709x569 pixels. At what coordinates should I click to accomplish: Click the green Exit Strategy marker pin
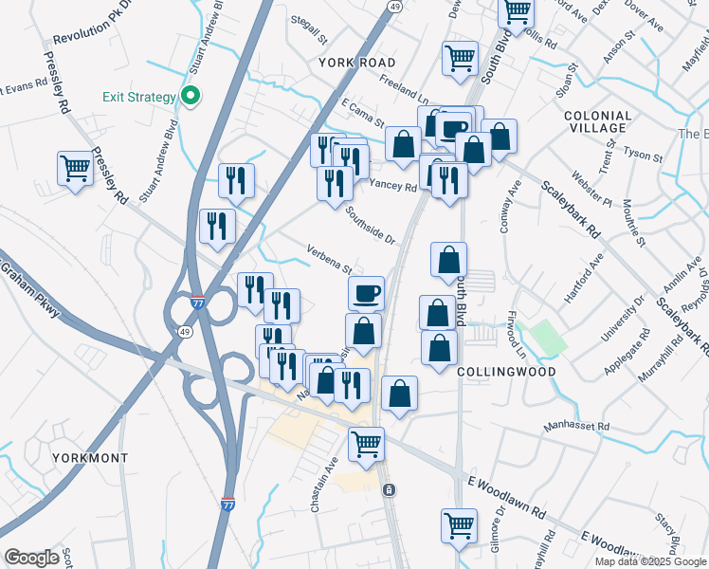(x=191, y=96)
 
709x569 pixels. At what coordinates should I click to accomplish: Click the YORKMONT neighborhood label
(x=89, y=457)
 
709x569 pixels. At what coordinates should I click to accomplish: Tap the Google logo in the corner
(x=31, y=558)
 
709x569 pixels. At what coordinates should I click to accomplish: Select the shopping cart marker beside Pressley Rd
(x=75, y=170)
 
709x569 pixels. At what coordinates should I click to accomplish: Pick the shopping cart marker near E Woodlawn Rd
(x=459, y=526)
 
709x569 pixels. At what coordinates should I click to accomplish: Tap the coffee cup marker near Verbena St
(x=366, y=294)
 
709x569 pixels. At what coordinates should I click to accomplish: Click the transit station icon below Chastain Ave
(x=389, y=489)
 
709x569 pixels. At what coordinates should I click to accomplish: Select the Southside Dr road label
(x=370, y=224)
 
